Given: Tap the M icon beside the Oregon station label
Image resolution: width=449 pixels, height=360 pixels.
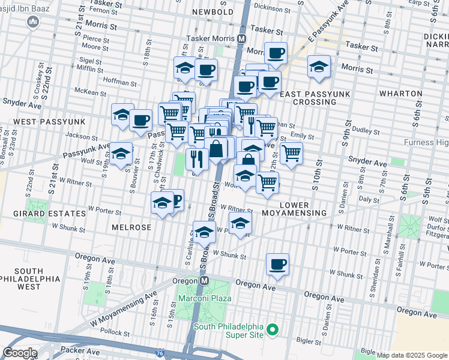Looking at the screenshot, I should (x=204, y=281).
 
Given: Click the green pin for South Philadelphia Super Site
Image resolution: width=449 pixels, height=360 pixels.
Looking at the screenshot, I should (x=272, y=329).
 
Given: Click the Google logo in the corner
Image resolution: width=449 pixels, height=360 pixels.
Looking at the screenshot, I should (x=20, y=353).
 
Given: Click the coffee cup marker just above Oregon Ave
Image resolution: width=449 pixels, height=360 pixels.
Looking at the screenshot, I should (x=277, y=265).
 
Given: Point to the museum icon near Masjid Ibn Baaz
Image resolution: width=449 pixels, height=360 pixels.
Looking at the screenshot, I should (x=33, y=23).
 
